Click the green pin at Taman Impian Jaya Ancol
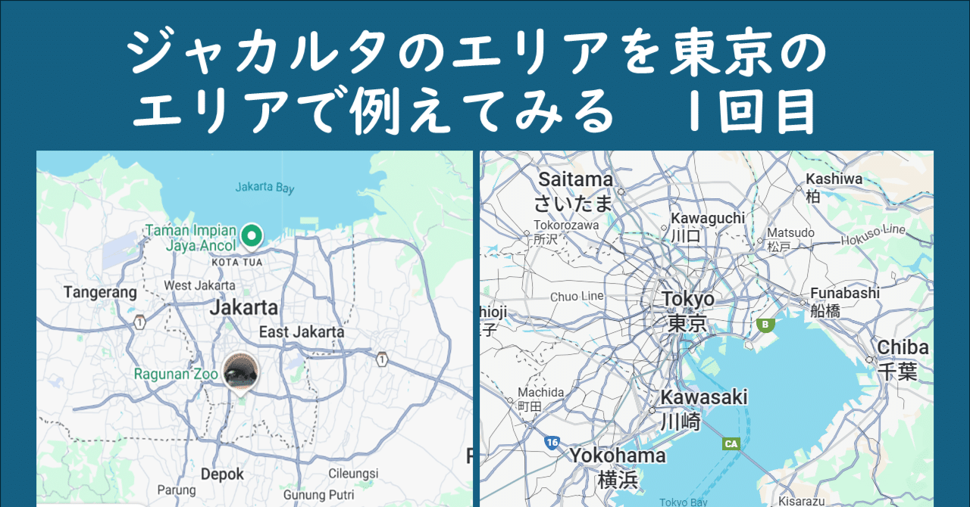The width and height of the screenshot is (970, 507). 251,236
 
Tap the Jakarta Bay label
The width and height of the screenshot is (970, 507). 264,188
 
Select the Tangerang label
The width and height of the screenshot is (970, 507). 100,292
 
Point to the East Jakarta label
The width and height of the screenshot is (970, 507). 302,331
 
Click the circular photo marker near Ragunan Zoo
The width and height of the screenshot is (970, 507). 241,370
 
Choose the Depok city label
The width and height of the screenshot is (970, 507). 222,474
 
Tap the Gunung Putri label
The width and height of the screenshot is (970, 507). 314,495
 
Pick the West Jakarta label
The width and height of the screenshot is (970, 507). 199,286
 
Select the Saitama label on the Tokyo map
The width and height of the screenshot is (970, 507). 575,180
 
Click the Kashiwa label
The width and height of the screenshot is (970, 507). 834,179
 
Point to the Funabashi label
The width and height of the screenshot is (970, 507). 844,293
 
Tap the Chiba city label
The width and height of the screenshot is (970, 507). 903,347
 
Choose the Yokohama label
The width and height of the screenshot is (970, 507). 618,456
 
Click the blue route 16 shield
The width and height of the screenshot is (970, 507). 552,442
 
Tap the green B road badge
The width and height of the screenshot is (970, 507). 765,325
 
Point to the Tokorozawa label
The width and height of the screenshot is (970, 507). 566,225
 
